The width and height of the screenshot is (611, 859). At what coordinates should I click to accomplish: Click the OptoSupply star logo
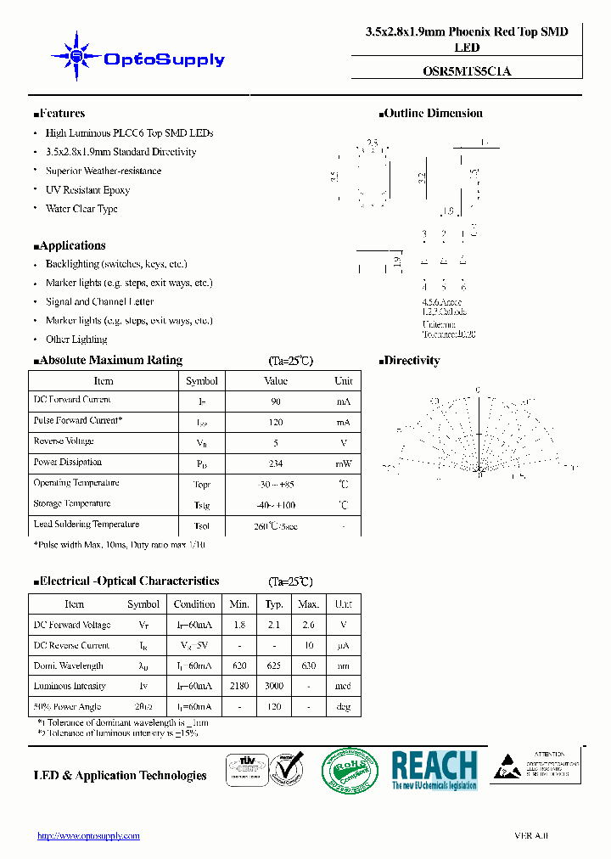point(77,57)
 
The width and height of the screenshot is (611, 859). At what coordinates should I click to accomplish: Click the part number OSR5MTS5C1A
point(467,72)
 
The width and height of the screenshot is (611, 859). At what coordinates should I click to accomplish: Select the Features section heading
point(60,114)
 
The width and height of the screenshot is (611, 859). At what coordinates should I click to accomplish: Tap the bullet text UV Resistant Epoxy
point(87,190)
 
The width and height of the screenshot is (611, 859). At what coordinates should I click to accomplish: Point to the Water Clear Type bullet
point(81,209)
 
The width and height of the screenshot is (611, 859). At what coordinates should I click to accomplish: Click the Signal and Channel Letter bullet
point(99,302)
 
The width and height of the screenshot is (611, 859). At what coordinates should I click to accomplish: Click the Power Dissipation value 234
point(276,464)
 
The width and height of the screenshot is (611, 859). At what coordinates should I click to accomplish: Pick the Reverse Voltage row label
point(64,441)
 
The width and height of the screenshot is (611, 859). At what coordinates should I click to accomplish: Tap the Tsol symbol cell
point(202,526)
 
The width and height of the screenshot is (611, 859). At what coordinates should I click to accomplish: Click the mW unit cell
point(343,464)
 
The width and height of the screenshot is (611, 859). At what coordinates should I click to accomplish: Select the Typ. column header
point(274,604)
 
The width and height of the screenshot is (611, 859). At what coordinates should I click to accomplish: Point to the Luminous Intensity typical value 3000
point(274,686)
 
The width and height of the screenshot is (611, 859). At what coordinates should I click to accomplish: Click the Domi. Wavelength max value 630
point(308,665)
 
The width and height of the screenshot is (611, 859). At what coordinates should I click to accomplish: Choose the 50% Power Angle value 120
point(274,706)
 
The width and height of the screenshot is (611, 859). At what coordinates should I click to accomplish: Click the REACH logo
point(434,770)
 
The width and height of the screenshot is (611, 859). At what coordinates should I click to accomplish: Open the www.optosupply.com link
point(88,836)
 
